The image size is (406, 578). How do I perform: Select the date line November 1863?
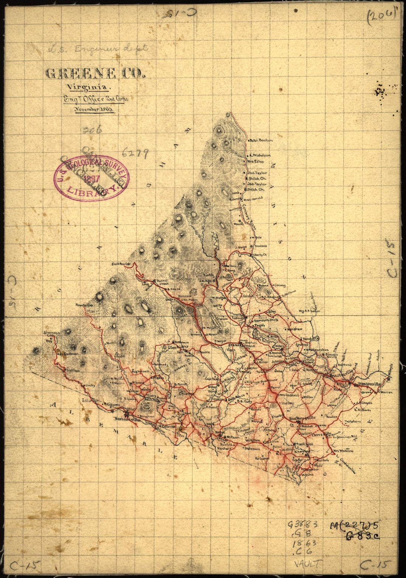coord(94,110)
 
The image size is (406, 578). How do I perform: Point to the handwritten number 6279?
coord(135,152)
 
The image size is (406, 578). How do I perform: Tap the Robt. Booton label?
coord(262,140)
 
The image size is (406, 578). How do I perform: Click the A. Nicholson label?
coord(260,155)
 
